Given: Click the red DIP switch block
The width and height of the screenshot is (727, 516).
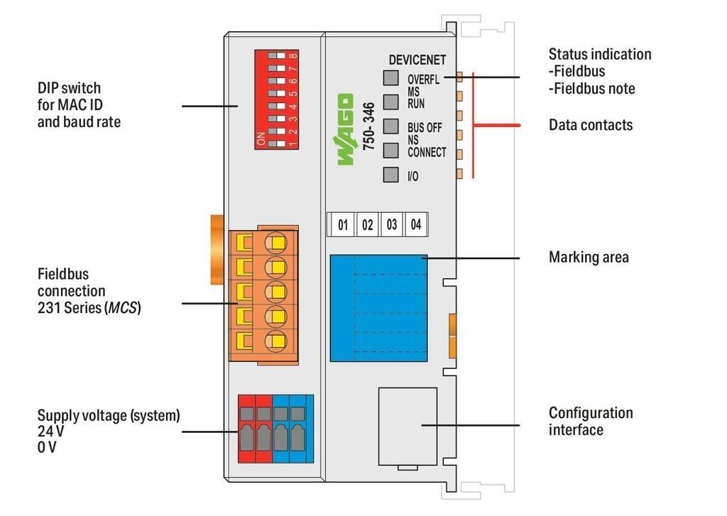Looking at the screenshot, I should coord(276,99).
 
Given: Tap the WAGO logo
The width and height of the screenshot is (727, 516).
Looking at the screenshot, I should coord(345,129).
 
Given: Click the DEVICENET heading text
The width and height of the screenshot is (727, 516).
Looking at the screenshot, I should coord(417,60).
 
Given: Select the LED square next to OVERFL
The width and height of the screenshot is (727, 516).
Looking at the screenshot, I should coord(390,78).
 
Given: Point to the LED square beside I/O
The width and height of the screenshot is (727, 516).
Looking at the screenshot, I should coord(390,175).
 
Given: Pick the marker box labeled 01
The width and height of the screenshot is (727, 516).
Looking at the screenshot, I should coord(343,225).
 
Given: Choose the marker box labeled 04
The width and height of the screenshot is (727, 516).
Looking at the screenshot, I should coord(415,225).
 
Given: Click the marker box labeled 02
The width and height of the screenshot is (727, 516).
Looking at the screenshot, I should coord(367,225).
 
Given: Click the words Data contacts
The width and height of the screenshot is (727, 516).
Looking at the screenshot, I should coord(590,125).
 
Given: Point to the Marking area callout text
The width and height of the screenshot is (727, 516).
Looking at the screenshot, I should coord(589,257).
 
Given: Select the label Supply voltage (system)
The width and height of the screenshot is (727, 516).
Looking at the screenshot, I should coord(108,415).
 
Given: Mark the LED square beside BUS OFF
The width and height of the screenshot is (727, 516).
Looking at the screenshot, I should coord(390,126).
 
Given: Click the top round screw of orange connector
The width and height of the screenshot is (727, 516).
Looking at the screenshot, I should coord(275,243).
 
